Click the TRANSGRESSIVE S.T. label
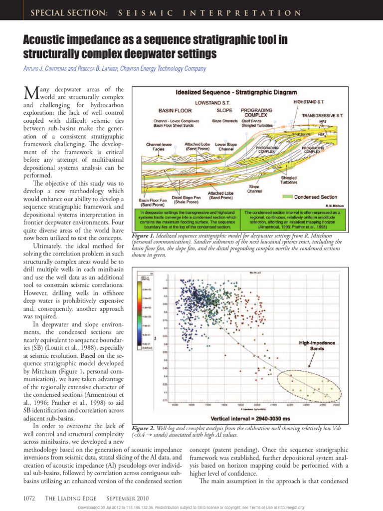[323, 115]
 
